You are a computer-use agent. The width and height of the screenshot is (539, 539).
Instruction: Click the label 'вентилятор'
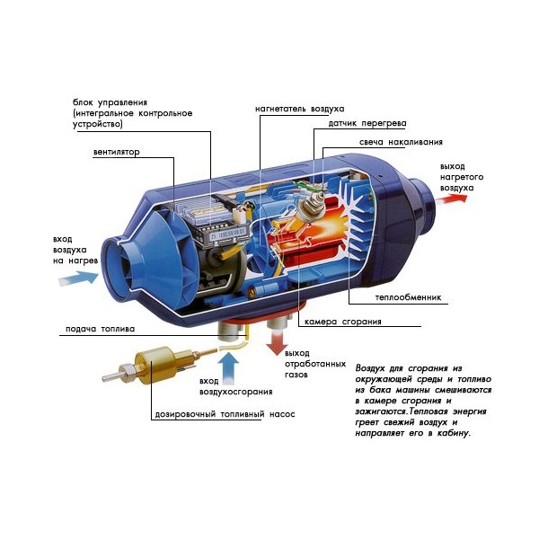(x=117, y=152)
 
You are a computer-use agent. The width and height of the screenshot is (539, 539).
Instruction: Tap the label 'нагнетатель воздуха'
(x=299, y=109)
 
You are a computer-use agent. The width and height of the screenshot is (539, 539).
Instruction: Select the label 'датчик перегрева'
(x=367, y=123)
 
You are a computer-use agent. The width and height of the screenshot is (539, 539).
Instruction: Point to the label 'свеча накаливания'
(x=401, y=142)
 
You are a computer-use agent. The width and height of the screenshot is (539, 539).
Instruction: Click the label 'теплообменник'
(x=408, y=297)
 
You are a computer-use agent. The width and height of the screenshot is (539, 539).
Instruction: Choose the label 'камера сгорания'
(x=343, y=322)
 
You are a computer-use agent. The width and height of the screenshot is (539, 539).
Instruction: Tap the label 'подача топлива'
(x=100, y=330)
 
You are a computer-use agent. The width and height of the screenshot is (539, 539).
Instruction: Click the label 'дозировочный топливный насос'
(x=225, y=414)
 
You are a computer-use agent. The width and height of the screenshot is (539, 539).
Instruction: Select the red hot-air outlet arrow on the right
(x=454, y=199)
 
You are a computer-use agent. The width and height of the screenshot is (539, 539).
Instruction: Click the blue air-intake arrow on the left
(x=79, y=278)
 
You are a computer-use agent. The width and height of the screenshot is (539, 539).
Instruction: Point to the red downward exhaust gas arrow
(x=277, y=343)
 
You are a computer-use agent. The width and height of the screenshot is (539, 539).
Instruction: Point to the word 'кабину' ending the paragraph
(x=454, y=434)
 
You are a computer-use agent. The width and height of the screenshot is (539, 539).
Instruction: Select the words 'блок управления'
(x=110, y=102)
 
